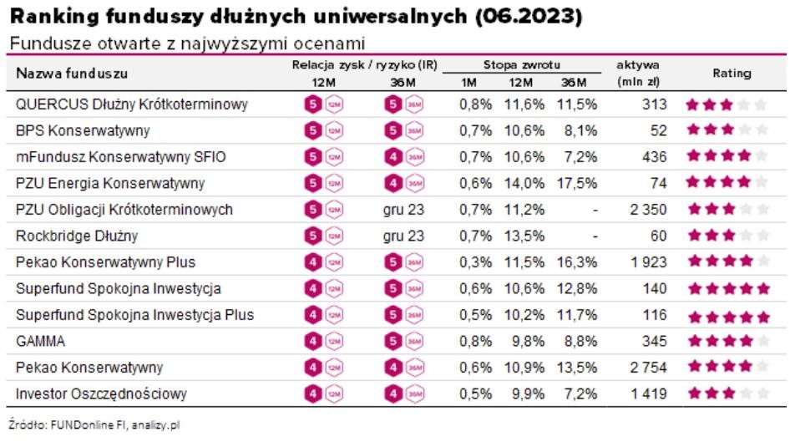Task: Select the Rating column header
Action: [x=731, y=74]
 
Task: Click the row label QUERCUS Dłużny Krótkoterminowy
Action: [x=132, y=104]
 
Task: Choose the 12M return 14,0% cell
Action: [x=524, y=183]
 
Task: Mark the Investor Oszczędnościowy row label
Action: [x=101, y=394]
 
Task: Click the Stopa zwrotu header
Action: [x=521, y=64]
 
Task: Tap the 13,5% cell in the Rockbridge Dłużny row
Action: [x=524, y=236]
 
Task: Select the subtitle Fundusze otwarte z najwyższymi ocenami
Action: [x=188, y=43]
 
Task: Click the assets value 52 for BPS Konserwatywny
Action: [x=658, y=130]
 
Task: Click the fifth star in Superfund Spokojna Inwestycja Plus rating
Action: [x=761, y=317]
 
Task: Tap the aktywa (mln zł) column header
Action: [x=638, y=73]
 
